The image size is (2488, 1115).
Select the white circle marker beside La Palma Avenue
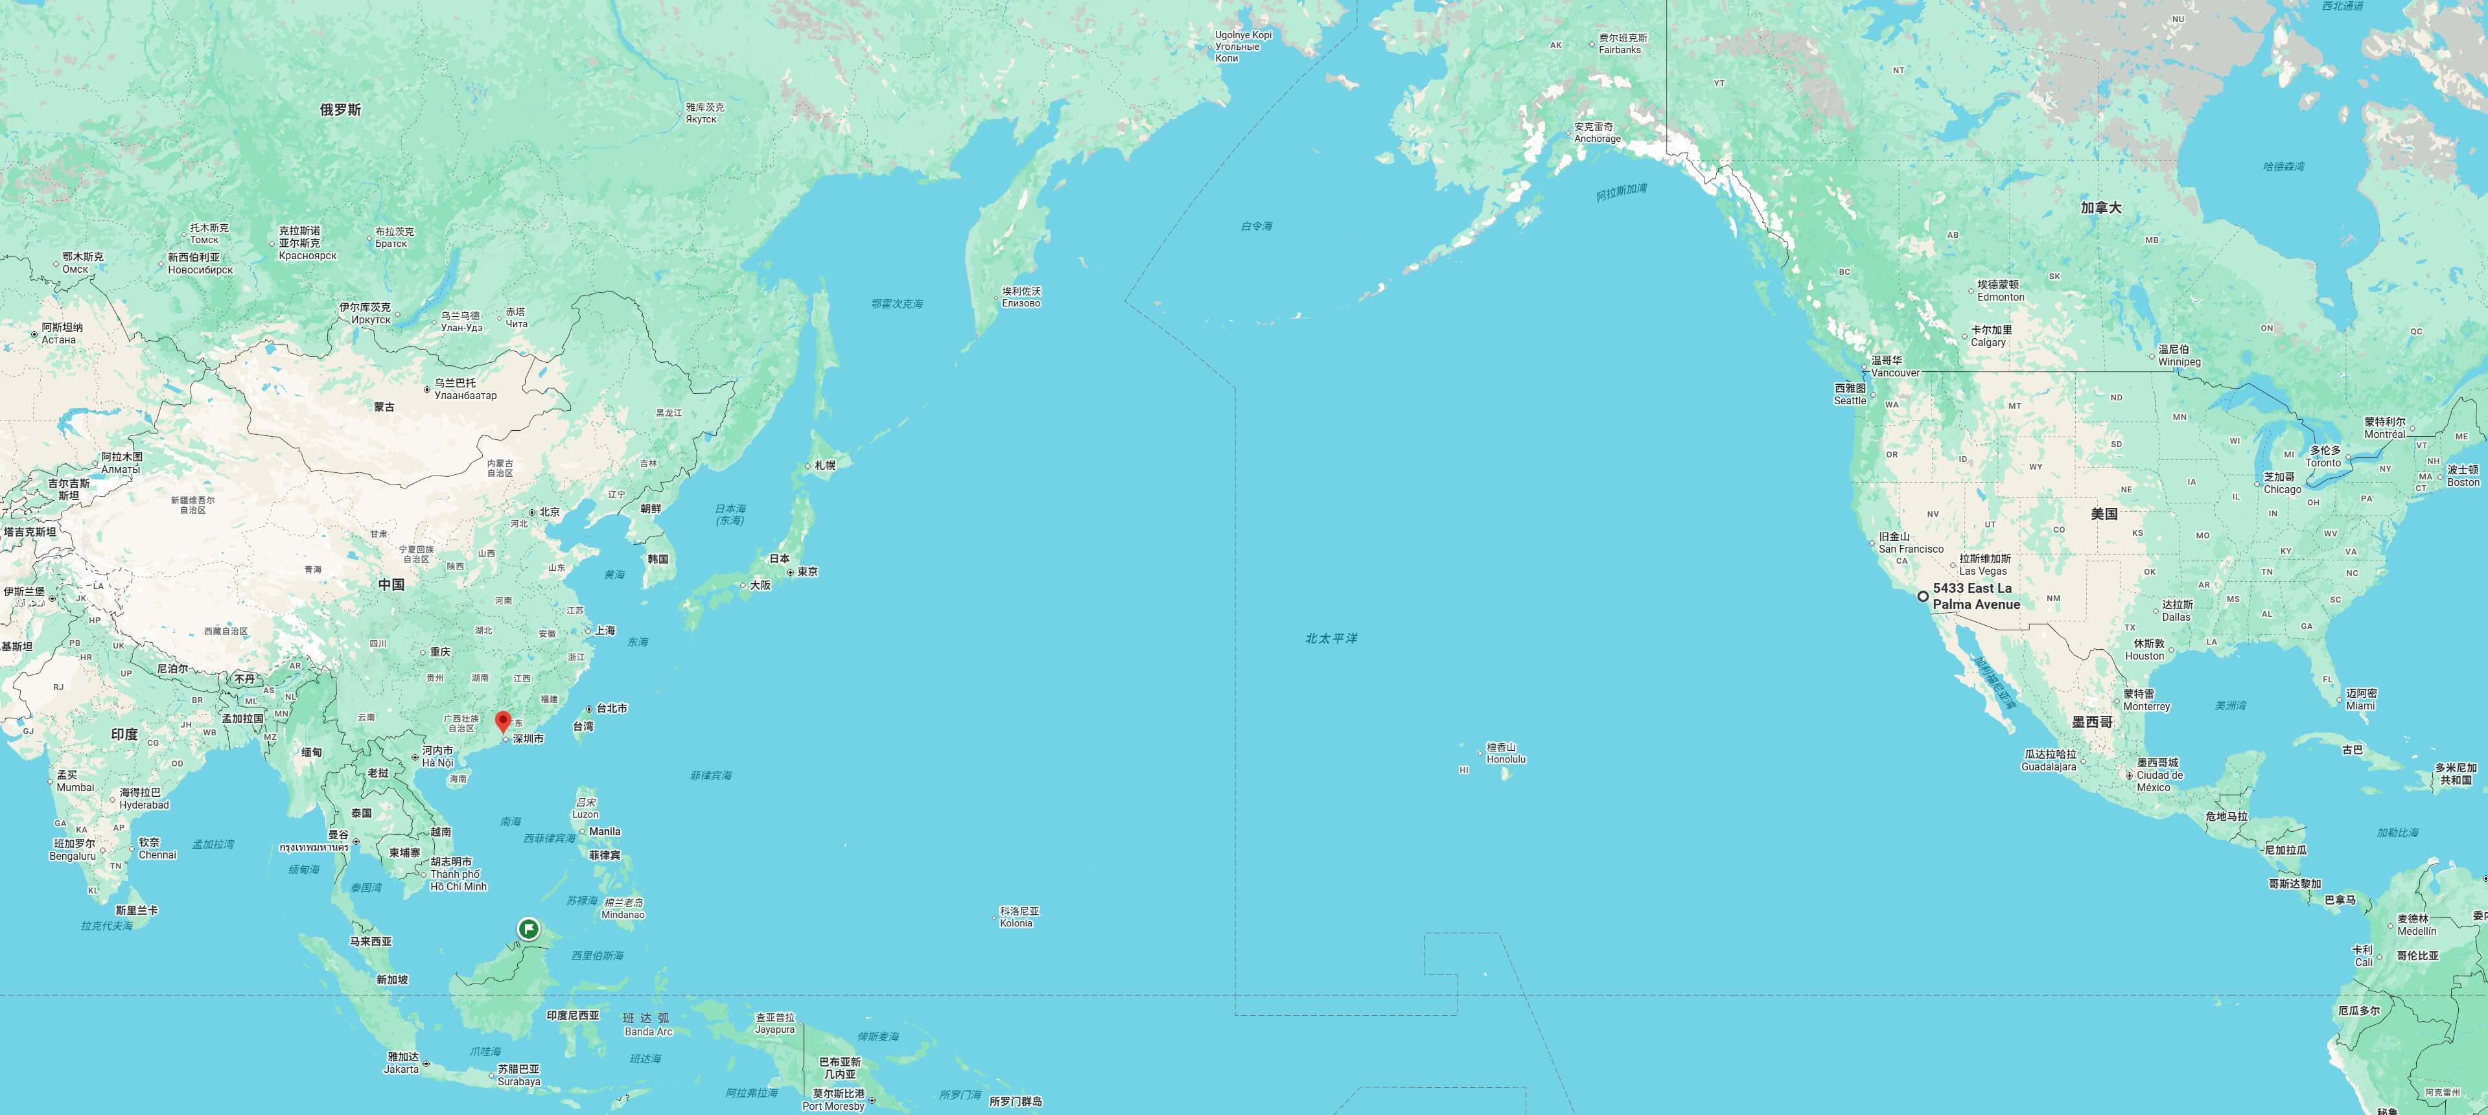[x=1923, y=597]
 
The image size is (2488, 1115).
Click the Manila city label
[x=605, y=831]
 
